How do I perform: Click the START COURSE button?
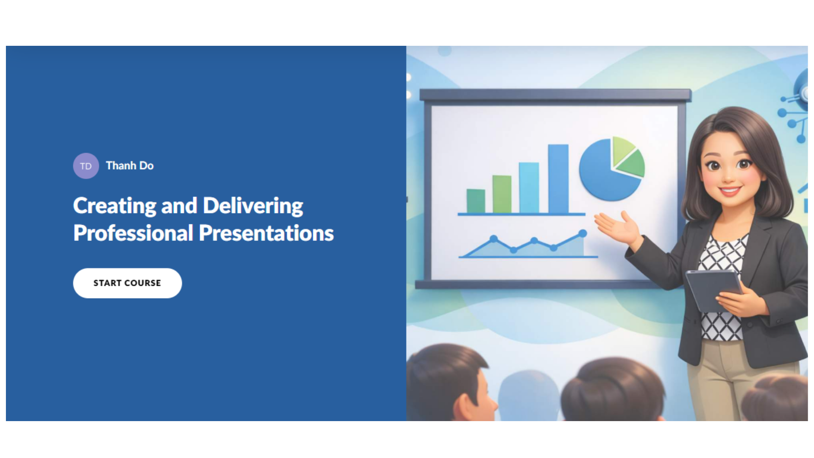[x=127, y=283]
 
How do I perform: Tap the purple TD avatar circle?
[x=86, y=166]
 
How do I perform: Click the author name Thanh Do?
[x=130, y=165]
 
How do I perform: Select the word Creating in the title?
[x=114, y=206]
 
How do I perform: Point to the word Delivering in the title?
[x=253, y=206]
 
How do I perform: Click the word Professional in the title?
[x=133, y=233]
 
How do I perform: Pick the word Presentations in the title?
[x=266, y=233]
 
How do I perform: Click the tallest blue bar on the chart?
[x=558, y=178]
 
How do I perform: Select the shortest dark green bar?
[x=476, y=201]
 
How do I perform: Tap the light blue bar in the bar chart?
[x=529, y=187]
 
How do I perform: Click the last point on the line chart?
[x=583, y=233]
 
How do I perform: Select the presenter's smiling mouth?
[x=730, y=190]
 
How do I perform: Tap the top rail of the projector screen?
[x=555, y=95]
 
